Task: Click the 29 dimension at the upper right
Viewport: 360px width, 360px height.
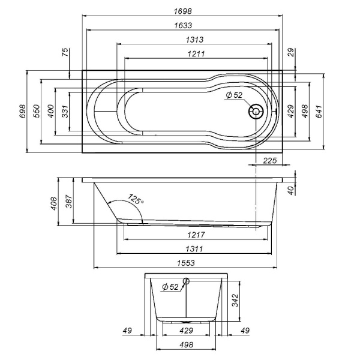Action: (x=291, y=53)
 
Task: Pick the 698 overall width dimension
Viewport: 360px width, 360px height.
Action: (x=22, y=112)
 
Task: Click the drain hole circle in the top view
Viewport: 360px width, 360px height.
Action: (x=257, y=111)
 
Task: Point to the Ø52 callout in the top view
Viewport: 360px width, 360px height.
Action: (x=233, y=96)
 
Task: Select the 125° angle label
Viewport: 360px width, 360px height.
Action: (x=136, y=200)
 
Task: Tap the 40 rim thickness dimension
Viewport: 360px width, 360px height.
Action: (x=292, y=190)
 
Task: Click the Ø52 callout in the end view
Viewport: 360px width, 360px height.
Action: (x=170, y=287)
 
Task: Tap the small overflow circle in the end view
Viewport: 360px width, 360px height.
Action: (x=186, y=281)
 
